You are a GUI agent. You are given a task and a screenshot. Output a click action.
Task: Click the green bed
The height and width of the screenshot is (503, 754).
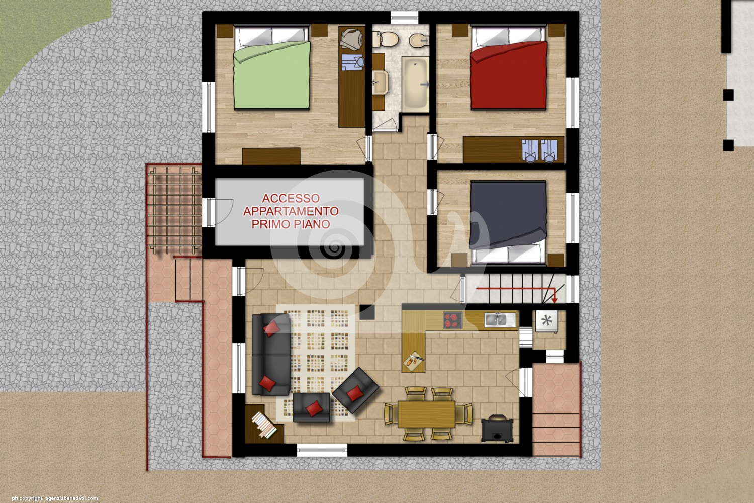click(x=271, y=68)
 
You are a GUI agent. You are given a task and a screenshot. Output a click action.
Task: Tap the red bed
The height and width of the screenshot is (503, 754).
click(x=508, y=68)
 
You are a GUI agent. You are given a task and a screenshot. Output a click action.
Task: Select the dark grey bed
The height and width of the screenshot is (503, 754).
click(x=508, y=222)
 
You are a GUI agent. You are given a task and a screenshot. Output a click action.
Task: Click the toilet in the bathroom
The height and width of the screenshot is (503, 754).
click(x=385, y=39)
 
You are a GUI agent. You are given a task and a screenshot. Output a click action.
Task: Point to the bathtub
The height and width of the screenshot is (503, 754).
click(x=415, y=84)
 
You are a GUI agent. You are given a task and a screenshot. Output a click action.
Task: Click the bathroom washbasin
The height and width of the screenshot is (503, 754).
click(x=380, y=82)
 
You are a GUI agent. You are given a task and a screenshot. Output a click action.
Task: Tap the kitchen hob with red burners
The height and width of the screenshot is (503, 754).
click(x=453, y=320)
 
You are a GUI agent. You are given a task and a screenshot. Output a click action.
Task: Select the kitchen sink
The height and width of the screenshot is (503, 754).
click(x=500, y=320)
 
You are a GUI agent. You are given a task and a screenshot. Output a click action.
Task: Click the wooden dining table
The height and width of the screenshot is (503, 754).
click(x=426, y=414)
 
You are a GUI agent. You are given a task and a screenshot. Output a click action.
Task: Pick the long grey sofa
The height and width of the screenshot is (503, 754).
click(x=271, y=354)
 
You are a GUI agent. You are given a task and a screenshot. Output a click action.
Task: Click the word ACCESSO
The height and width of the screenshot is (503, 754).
click(x=291, y=198)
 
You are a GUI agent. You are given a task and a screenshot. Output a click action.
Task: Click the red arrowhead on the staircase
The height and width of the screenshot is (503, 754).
click(x=554, y=299)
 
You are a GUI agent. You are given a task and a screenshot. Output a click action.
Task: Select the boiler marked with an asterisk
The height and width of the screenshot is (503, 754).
click(x=547, y=321)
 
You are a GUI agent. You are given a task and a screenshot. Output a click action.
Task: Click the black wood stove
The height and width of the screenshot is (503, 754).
click(x=497, y=428)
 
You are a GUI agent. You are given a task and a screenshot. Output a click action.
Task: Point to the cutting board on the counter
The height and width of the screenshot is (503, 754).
click(x=414, y=361)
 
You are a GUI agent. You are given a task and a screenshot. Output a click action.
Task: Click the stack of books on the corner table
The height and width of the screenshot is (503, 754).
click(x=264, y=425)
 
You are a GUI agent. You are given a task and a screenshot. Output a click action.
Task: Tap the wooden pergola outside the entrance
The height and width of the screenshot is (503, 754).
click(x=175, y=210)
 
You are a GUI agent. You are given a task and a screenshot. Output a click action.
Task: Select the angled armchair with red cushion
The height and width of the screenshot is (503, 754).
click(x=355, y=390)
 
